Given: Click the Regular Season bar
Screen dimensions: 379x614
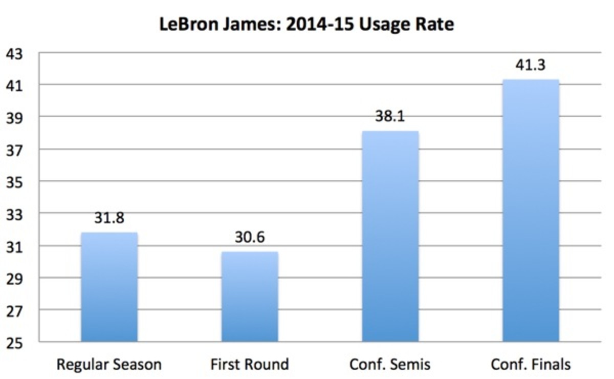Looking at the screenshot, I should coord(109,287).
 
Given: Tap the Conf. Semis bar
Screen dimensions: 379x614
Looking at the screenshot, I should coord(390,236).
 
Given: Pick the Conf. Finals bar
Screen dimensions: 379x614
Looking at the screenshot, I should coord(531,210).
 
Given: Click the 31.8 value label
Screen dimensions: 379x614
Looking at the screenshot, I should coord(109,218).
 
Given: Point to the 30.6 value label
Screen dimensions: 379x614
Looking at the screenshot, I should coord(250,238).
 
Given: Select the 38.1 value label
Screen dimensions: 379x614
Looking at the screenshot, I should coord(390,117).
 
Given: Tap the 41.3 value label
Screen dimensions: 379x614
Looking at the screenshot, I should coord(531,66).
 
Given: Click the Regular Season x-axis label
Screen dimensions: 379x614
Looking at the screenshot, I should coord(109,365).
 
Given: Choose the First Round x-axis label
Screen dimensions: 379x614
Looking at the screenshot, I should coord(250,365).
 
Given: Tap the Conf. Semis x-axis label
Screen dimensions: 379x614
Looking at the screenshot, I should coord(390,365).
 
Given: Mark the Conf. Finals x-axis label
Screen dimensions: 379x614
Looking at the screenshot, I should coord(531,365).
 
